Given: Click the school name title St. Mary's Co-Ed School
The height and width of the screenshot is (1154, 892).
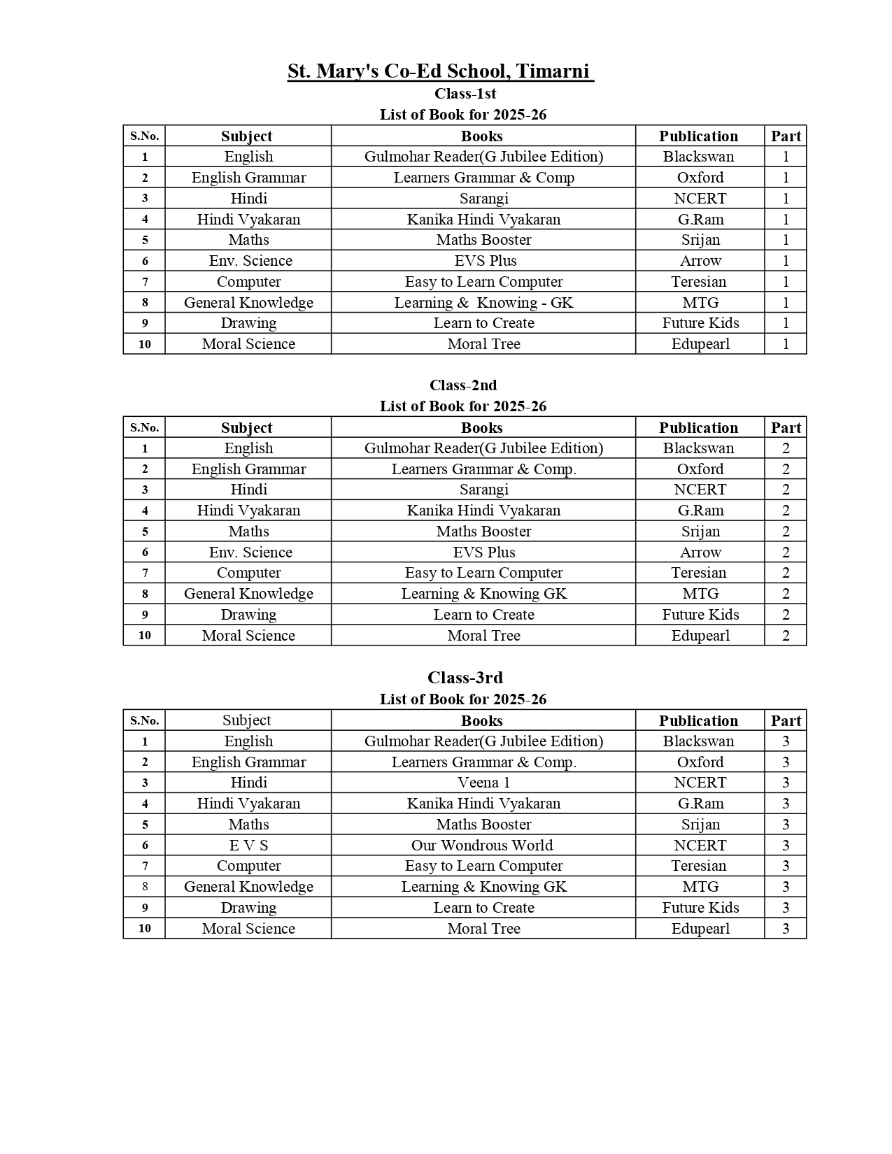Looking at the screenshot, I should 441,71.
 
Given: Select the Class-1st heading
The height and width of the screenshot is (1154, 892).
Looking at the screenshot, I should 465,94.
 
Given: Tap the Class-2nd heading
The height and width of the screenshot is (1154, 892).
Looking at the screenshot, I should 463,385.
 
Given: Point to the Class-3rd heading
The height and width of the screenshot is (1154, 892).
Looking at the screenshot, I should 465,678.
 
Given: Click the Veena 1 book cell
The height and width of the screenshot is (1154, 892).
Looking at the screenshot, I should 483,783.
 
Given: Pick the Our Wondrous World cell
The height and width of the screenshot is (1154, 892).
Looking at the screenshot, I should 482,845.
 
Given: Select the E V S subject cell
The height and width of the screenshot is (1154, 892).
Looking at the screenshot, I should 248,845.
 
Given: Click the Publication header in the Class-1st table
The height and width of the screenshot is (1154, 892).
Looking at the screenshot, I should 698,136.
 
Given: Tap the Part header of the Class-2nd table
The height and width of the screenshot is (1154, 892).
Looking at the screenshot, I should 786,428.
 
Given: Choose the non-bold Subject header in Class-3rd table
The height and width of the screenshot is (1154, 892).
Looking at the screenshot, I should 246,720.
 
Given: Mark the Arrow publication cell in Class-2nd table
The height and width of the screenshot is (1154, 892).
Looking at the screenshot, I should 700,553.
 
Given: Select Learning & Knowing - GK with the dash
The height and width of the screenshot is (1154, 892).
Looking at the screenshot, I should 483,303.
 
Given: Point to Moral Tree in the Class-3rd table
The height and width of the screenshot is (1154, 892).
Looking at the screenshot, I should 483,929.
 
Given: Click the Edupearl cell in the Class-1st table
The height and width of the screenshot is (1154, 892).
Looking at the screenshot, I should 700,344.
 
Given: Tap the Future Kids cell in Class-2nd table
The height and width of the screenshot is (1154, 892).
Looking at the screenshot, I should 700,615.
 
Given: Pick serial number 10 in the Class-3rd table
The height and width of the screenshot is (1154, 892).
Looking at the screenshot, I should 145,929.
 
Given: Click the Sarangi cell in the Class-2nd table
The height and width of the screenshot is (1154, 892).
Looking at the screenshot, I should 483,490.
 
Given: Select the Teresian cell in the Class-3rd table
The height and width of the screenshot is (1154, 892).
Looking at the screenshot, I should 699,866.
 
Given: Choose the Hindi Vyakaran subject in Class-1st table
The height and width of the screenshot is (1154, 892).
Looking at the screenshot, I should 248,220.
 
